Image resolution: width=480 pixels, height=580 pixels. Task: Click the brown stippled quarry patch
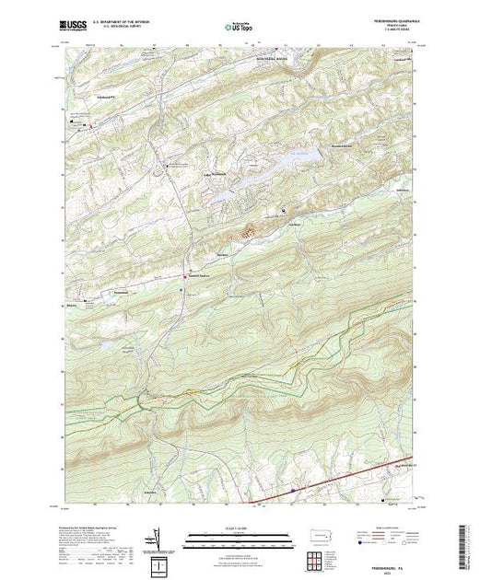click(x=247, y=234)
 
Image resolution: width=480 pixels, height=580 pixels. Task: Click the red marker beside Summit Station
click(x=190, y=274)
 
